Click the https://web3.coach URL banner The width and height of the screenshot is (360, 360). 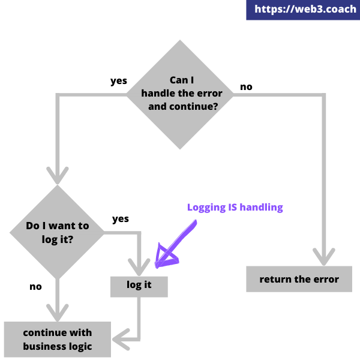[303, 10]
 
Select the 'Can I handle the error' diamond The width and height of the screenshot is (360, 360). [180, 94]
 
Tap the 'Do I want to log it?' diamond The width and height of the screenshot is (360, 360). [58, 232]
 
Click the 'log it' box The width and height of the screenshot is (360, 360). [139, 286]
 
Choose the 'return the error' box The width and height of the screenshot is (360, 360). [299, 279]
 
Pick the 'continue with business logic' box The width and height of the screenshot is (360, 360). [58, 340]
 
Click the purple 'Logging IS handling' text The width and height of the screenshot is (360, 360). [235, 208]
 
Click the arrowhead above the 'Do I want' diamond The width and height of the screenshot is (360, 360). [58, 175]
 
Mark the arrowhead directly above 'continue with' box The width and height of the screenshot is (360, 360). [58, 313]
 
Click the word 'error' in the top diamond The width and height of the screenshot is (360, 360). [208, 94]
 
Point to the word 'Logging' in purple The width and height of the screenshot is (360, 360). [203, 208]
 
